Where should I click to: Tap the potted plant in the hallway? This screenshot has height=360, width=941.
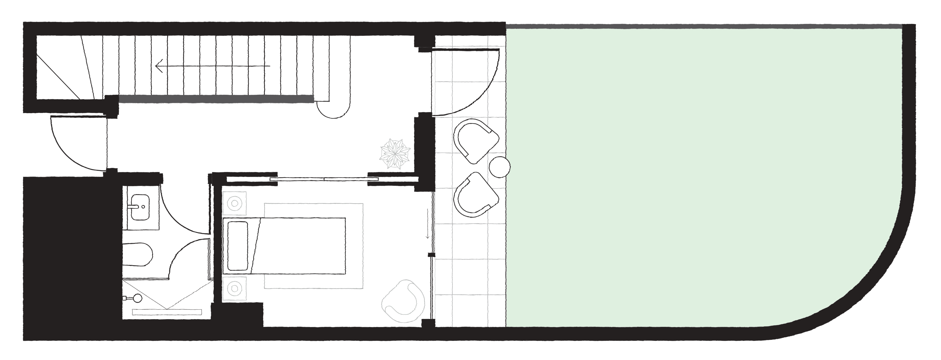(x=395, y=154)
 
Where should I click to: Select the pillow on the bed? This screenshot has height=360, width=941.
(x=238, y=245)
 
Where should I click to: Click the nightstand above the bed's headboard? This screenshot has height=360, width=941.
(x=234, y=203)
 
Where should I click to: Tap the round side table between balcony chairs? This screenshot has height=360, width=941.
(x=499, y=167)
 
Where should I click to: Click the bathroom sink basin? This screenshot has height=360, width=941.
(x=141, y=207)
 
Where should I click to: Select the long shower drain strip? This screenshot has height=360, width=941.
(x=167, y=312)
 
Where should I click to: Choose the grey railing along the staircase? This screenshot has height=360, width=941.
(x=216, y=98)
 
